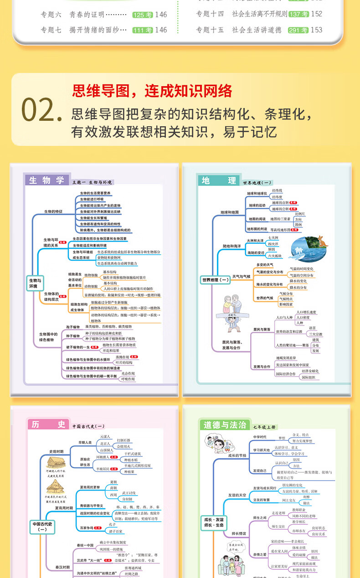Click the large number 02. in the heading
pos(41,111)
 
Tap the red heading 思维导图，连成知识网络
pos(152,90)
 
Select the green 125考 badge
pos(142,15)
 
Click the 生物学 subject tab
pos(46,180)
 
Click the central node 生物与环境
pos(35,284)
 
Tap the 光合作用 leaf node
pos(128,373)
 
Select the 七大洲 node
pos(273,237)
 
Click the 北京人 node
pos(105,443)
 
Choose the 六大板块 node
pos(275,256)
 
